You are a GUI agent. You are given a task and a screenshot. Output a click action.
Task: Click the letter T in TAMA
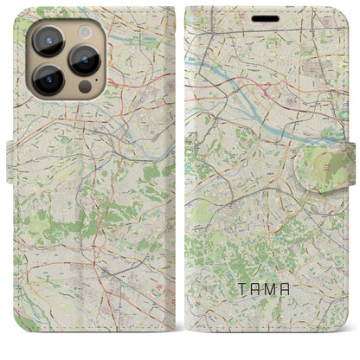(239, 304)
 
